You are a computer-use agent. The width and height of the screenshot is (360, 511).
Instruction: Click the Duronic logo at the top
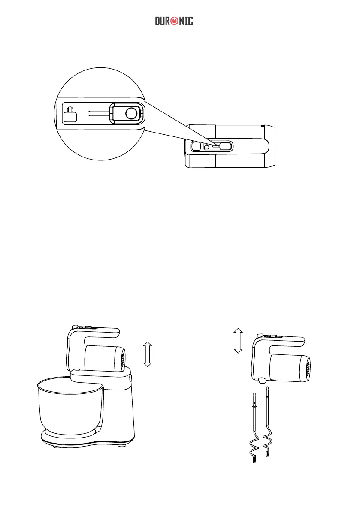click(x=174, y=21)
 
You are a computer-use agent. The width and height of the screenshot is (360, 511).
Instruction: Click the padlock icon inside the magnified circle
click(x=70, y=114)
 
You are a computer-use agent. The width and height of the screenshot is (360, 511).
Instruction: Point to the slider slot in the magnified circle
click(x=98, y=114)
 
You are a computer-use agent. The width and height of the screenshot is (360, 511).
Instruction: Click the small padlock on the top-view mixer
click(x=206, y=146)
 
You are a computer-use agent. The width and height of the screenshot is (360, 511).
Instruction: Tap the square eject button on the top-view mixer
click(x=195, y=146)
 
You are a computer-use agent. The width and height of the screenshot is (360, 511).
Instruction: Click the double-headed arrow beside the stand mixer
click(x=147, y=354)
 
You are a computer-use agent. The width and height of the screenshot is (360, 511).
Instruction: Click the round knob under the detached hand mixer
click(x=261, y=380)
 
